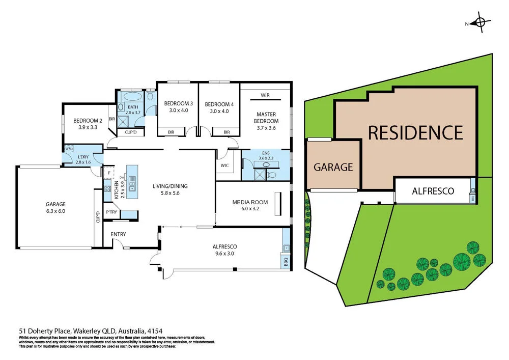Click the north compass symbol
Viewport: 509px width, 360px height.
click(x=479, y=23)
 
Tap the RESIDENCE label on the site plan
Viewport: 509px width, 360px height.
click(x=415, y=132)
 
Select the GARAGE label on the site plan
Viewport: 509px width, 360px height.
click(x=333, y=167)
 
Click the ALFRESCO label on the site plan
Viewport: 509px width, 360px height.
click(x=433, y=191)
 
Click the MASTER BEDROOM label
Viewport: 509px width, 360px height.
click(x=267, y=118)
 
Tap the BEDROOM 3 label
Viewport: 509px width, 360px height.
click(x=178, y=103)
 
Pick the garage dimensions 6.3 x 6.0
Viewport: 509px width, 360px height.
click(x=56, y=211)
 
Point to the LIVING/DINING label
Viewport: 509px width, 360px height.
click(x=166, y=186)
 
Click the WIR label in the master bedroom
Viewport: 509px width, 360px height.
click(x=265, y=95)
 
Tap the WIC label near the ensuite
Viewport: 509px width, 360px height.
click(x=224, y=165)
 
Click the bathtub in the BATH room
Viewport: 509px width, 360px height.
click(x=133, y=96)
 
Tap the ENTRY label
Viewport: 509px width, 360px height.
click(x=118, y=234)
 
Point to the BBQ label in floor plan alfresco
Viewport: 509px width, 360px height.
click(x=286, y=262)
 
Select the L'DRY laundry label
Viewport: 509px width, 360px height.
click(x=82, y=156)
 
